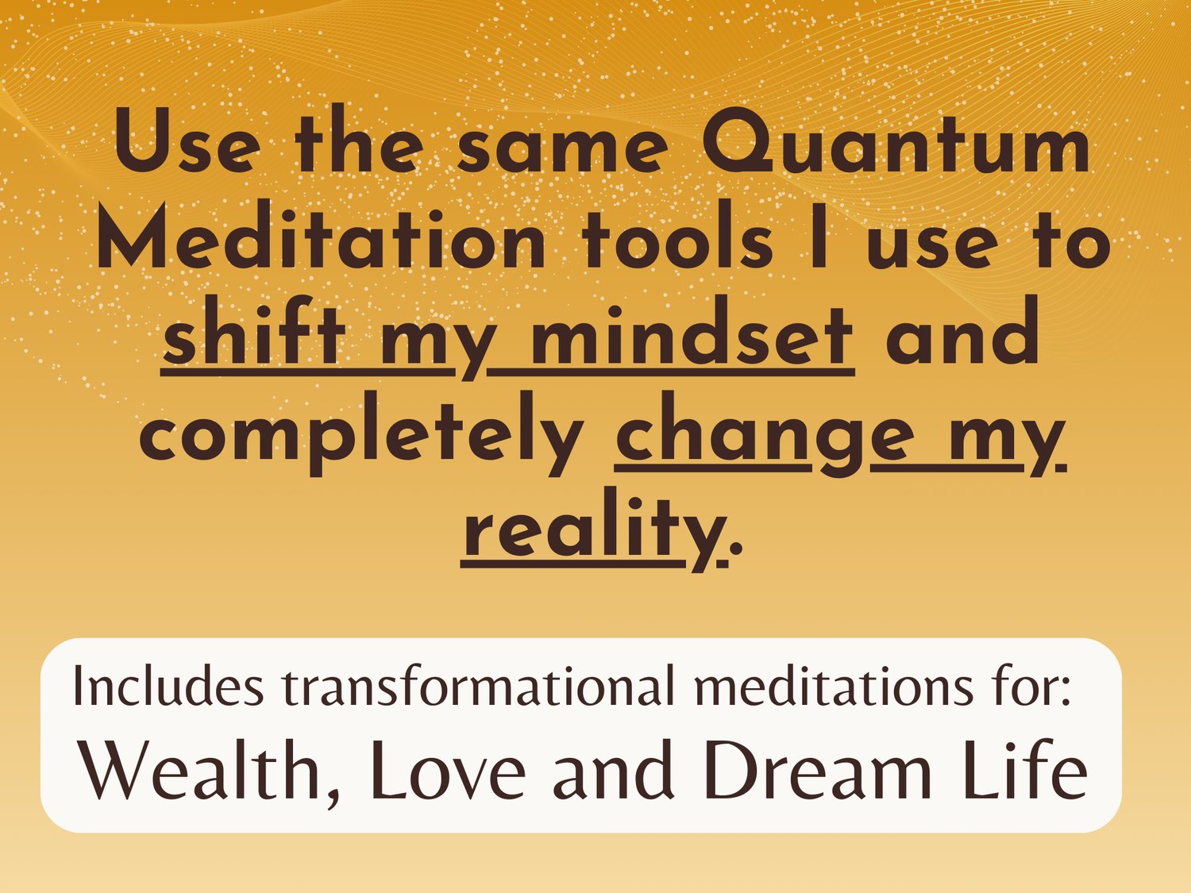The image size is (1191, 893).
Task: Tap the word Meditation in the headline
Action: [321, 240]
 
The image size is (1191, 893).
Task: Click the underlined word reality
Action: [594, 529]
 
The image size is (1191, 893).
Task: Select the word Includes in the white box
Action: [168, 685]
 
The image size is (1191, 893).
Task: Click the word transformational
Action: [478, 685]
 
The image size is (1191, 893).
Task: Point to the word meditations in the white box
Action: [833, 685]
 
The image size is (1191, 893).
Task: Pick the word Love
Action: [448, 770]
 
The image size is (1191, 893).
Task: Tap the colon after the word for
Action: [1066, 691]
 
